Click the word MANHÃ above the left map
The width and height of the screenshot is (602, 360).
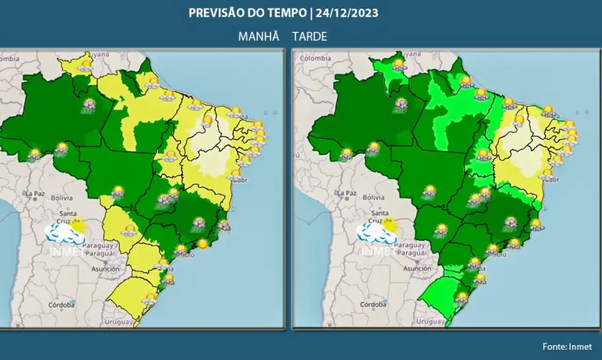(259, 37)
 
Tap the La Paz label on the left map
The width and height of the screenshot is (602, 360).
(35, 193)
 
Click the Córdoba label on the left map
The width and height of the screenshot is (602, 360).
(60, 304)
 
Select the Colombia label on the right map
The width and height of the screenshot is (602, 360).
(316, 58)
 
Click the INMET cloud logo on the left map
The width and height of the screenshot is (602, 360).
(66, 234)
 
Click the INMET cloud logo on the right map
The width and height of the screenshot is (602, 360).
(377, 234)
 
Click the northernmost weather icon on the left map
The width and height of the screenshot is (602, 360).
(85, 66)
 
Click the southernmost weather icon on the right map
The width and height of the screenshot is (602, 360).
(462, 298)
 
